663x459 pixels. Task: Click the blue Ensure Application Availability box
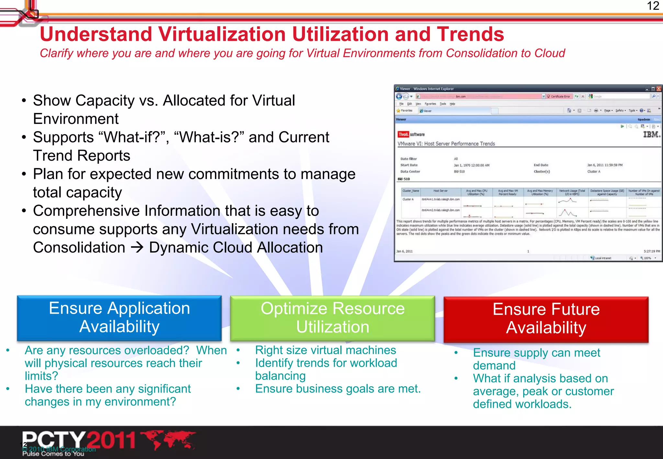pyautogui.click(x=119, y=318)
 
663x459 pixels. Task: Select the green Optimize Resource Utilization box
pyautogui.click(x=332, y=318)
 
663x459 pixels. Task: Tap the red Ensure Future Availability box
pyautogui.click(x=546, y=319)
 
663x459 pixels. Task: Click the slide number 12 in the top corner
pyautogui.click(x=653, y=6)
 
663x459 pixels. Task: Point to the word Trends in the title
pyautogui.click(x=470, y=34)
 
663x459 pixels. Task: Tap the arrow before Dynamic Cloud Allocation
pyautogui.click(x=137, y=248)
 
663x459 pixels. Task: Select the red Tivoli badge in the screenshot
pyautogui.click(x=403, y=134)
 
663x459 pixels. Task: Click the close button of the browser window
pyautogui.click(x=658, y=89)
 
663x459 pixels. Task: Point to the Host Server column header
pyautogui.click(x=440, y=191)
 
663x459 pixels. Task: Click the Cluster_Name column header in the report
pyautogui.click(x=411, y=191)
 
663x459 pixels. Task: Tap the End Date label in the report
pyautogui.click(x=541, y=165)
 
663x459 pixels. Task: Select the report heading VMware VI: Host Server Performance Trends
pyautogui.click(x=446, y=144)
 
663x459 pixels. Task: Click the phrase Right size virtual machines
pyautogui.click(x=325, y=350)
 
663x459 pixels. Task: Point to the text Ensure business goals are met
pyautogui.click(x=338, y=389)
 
